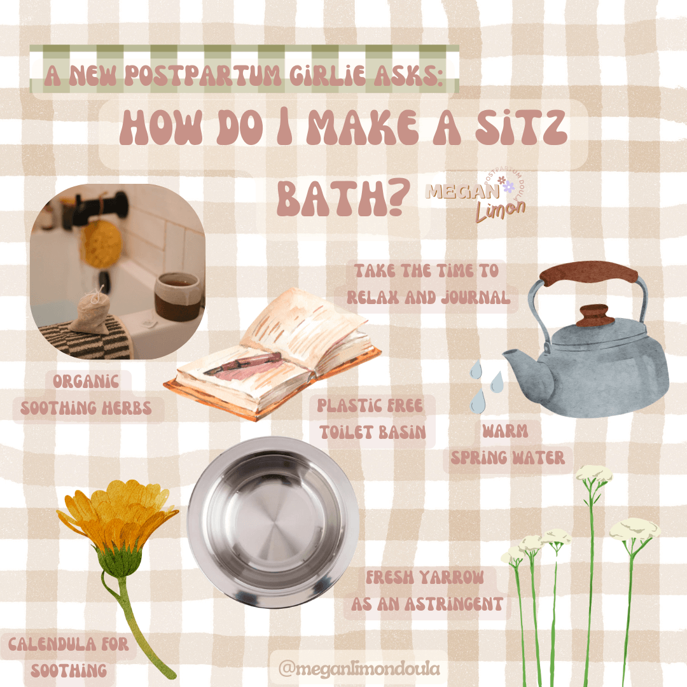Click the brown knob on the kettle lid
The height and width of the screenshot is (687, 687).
tap(594, 315)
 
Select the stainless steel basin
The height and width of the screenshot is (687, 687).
tap(273, 522)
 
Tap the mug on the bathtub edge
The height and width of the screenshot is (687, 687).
tap(178, 296)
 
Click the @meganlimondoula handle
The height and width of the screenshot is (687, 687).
tap(359, 668)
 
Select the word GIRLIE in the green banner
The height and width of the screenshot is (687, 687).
tap(327, 75)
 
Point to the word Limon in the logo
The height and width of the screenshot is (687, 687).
tap(501, 211)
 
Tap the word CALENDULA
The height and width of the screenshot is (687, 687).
tap(52, 644)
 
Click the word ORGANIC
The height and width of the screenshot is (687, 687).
tap(86, 381)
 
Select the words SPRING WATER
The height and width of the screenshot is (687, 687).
tap(508, 458)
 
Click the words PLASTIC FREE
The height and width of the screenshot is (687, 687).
tap(370, 406)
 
